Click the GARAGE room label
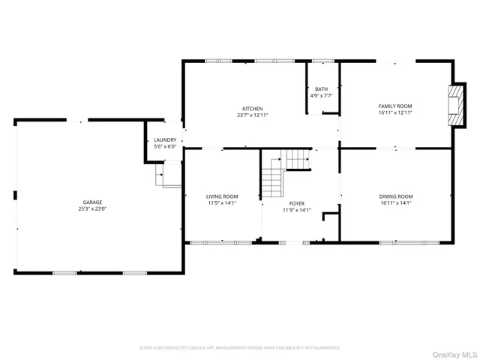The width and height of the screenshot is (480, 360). click(x=93, y=202)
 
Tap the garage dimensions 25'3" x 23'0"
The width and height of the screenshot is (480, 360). click(x=93, y=208)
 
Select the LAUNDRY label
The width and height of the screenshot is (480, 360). click(x=165, y=139)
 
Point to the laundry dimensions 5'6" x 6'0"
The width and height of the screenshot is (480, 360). click(x=165, y=146)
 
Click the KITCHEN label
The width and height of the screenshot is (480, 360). click(x=252, y=108)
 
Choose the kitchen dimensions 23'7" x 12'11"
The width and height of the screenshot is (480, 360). click(x=252, y=115)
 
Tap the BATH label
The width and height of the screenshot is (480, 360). click(x=322, y=89)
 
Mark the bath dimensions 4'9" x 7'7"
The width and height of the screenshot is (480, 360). click(x=322, y=96)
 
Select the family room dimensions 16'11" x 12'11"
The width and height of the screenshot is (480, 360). click(x=395, y=112)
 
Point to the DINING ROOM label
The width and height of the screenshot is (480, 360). click(x=395, y=196)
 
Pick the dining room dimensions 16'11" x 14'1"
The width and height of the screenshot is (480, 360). click(x=395, y=203)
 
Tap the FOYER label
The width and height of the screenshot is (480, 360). click(x=296, y=203)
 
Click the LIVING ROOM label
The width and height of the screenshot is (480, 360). click(x=222, y=196)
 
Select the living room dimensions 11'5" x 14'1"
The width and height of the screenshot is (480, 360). click(x=222, y=203)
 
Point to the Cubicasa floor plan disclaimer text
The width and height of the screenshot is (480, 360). click(x=240, y=347)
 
